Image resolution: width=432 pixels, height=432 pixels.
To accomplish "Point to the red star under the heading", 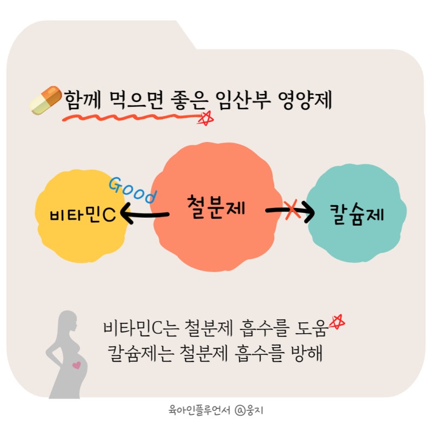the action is tap(206, 119).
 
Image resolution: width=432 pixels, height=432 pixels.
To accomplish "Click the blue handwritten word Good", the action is tap(133, 190).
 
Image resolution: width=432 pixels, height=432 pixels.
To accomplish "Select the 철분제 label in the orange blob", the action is tap(215, 207).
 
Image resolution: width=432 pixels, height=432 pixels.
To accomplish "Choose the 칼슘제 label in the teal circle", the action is tap(356, 214).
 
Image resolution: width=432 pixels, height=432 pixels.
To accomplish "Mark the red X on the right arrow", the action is tap(292, 210).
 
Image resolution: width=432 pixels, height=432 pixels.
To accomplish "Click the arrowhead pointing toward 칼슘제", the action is tap(309, 212).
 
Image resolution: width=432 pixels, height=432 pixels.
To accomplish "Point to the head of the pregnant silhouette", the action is tap(69, 322).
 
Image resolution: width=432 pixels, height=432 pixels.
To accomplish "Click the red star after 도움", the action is tap(337, 322).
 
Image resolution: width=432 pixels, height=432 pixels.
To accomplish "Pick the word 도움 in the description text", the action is tap(312, 328).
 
